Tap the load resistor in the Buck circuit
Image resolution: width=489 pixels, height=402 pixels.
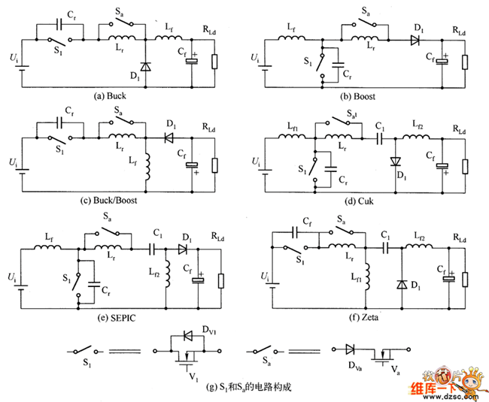[x=217, y=61]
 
